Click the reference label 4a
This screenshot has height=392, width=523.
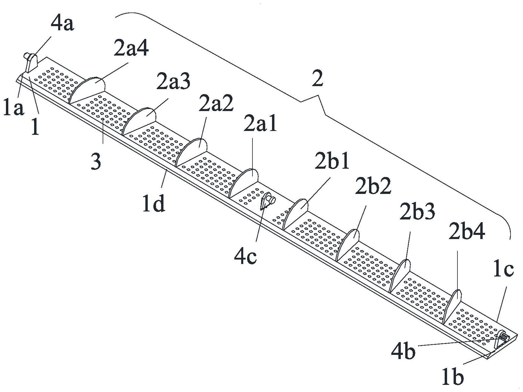click(62, 25)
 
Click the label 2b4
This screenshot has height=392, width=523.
click(467, 233)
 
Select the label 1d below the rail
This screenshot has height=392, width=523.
click(153, 204)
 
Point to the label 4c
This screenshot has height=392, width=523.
click(245, 257)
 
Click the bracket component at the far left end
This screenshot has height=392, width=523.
click(31, 62)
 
